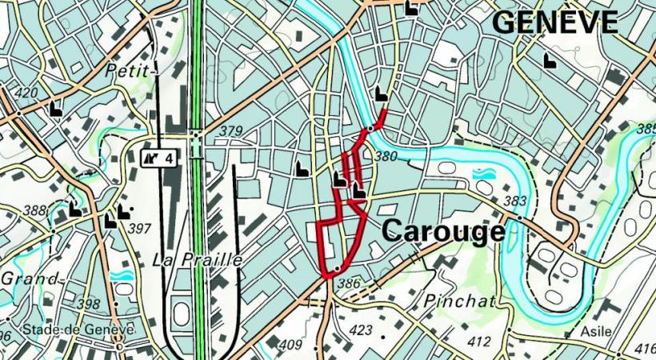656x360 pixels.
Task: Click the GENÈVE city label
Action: coord(554,22)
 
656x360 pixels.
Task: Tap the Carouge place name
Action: coord(443,231)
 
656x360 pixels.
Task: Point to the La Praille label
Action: coord(197,260)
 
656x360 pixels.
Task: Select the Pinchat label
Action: coord(460,301)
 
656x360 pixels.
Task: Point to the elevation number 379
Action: coord(230,131)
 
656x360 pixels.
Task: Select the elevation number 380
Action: coord(386,157)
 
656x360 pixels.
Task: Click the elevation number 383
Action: coord(516,202)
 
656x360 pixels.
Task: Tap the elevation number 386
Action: coord(349,283)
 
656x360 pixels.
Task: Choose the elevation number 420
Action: coord(26,93)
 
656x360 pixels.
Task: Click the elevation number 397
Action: coord(139,229)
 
